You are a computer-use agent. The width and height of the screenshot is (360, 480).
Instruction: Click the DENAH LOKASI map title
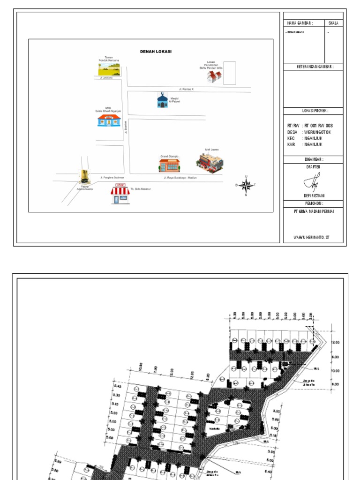156,52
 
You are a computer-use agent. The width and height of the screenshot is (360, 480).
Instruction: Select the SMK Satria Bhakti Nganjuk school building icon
109,120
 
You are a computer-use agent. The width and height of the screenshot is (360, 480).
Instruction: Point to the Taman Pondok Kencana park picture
109,69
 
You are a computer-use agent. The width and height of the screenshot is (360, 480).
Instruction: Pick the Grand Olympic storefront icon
169,165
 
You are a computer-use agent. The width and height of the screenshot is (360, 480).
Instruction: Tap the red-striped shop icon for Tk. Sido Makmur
120,195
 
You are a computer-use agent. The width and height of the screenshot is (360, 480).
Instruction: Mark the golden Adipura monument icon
85,177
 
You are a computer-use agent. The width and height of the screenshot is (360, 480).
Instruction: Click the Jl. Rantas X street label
186,89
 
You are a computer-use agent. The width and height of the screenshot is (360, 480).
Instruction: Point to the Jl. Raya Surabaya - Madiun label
180,178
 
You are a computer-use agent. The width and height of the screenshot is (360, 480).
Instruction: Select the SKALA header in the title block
333,22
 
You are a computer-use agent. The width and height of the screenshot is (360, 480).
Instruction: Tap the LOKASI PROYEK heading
314,111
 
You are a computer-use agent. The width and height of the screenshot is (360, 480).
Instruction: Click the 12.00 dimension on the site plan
335,342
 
